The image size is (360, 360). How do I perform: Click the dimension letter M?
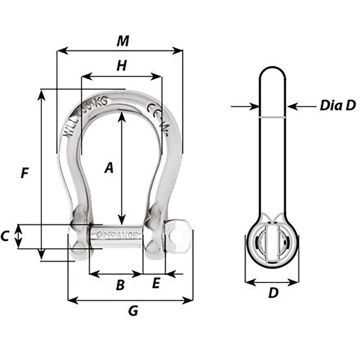(122, 41)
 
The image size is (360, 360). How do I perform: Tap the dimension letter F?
(24, 173)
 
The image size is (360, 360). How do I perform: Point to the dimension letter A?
(108, 168)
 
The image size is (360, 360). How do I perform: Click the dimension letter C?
(5, 237)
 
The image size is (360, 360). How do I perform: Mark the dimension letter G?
(133, 311)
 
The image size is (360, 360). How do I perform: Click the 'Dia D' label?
(337, 106)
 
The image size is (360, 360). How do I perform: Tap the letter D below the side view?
(273, 293)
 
